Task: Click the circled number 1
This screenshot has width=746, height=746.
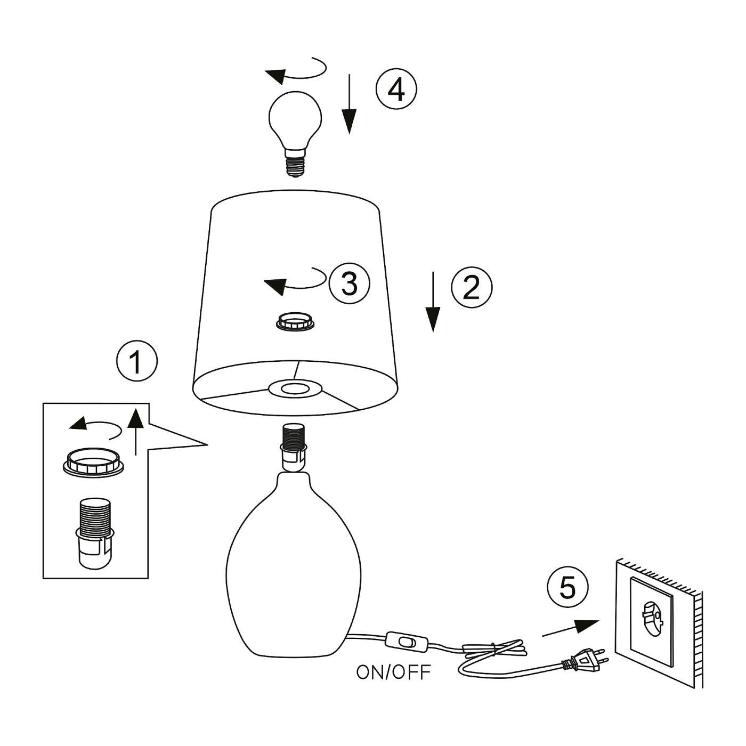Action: (x=137, y=361)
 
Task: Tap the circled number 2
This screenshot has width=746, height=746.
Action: (x=472, y=287)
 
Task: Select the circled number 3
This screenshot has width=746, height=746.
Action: (x=349, y=283)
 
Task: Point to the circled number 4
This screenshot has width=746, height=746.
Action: (x=396, y=89)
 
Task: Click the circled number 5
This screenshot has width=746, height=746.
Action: (x=567, y=588)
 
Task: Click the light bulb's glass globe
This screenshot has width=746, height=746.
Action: (x=295, y=118)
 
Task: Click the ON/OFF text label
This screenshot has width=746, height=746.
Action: (x=393, y=672)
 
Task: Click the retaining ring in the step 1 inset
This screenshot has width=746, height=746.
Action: (x=95, y=461)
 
